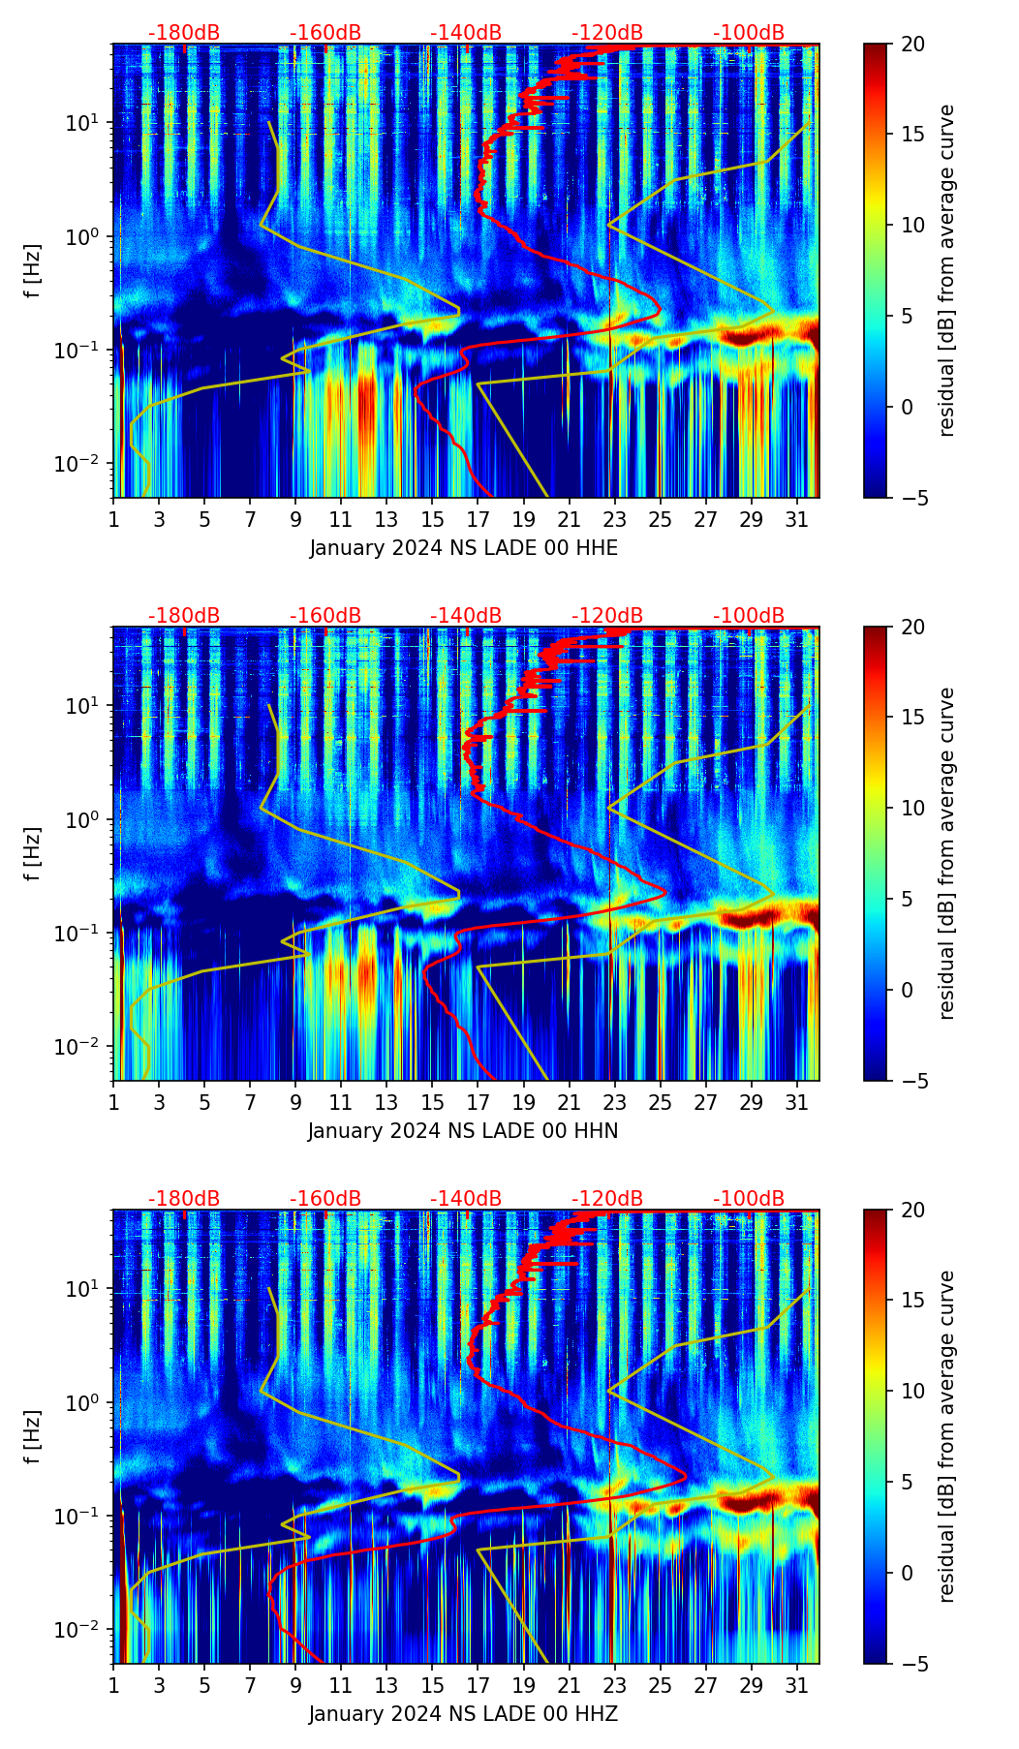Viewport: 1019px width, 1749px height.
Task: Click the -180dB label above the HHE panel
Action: tap(184, 33)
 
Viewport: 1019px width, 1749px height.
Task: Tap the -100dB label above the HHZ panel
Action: tap(749, 1199)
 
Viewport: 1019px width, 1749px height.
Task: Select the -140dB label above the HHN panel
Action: tap(466, 616)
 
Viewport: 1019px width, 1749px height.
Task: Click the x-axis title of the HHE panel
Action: tap(463, 548)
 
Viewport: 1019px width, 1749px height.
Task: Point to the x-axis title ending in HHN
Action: tap(463, 1131)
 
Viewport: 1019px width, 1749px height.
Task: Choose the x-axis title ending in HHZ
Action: tap(463, 1714)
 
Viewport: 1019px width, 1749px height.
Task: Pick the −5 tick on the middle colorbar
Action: tap(911, 1081)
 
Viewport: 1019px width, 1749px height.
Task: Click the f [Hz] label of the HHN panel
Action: tap(33, 854)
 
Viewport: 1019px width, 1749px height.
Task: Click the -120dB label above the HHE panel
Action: tap(607, 33)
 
